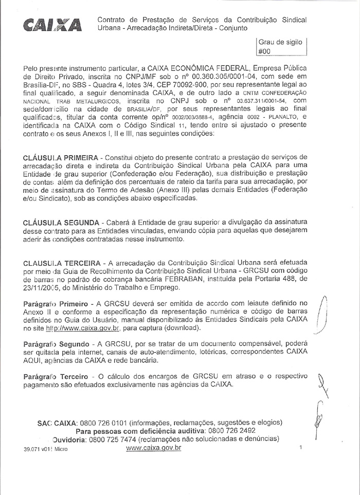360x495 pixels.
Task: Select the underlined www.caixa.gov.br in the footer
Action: pos(153,448)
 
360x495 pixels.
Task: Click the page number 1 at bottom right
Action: pos(300,448)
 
